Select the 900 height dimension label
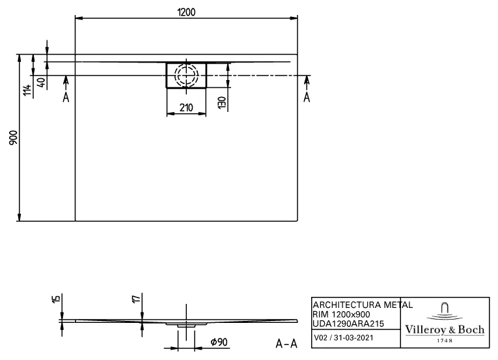tap(14, 137)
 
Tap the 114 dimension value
tap(27, 90)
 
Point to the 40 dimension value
tap(41, 83)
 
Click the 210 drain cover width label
tap(186, 107)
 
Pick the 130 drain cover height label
tap(222, 102)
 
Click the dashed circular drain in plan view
tap(186, 75)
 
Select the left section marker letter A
tap(66, 97)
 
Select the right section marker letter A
tap(307, 97)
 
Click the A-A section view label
tap(286, 342)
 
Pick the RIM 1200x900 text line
tap(342, 314)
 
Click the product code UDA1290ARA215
tap(348, 324)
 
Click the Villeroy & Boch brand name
tap(445, 330)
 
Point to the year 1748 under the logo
tap(445, 340)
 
